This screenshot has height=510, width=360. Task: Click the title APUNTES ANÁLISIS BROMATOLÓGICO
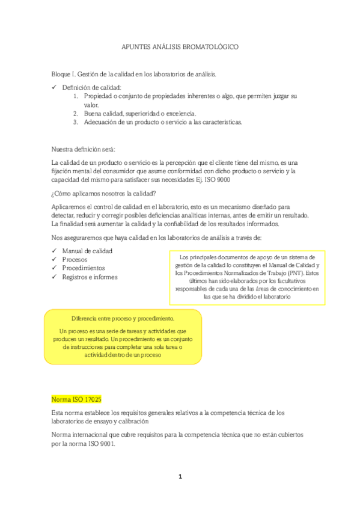point(180,46)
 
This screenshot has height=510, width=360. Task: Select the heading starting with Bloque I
point(133,74)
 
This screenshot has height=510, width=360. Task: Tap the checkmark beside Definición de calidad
point(54,88)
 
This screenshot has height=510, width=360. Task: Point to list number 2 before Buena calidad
point(76,113)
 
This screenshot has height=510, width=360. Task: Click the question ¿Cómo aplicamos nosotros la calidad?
point(104,193)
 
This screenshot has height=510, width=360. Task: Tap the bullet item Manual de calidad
point(87,251)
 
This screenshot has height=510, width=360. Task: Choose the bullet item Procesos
point(75,259)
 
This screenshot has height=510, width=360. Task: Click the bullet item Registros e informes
point(90,277)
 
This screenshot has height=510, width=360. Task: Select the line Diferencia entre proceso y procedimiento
point(123,318)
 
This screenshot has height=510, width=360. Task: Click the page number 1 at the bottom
point(180,477)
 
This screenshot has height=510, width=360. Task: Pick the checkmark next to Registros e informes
point(54,277)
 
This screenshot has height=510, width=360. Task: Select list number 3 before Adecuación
point(76,121)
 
